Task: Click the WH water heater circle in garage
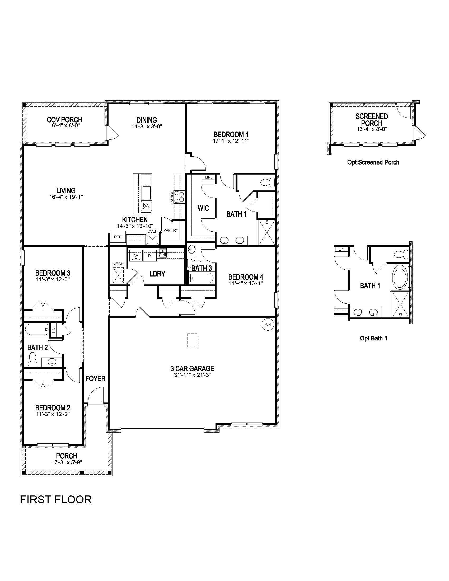pos(268,325)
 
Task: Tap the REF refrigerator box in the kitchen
pos(118,237)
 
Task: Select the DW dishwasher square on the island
pos(146,206)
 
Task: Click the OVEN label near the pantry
pos(152,231)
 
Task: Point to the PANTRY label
pos(171,230)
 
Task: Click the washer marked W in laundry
pos(136,256)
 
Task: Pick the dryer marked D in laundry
pos(149,256)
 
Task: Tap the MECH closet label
pos(118,264)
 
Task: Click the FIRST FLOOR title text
pos(56,500)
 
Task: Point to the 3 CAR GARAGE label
pos(192,368)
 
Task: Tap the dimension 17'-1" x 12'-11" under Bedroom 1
pos(231,141)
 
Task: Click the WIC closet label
pos(203,208)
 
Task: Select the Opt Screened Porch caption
pos(373,162)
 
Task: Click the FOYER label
pos(95,378)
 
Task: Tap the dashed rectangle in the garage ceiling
pos(192,340)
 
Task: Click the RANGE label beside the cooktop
pos(172,197)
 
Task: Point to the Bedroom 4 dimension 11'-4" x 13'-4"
pos(246,283)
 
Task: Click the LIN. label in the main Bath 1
pos(208,177)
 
